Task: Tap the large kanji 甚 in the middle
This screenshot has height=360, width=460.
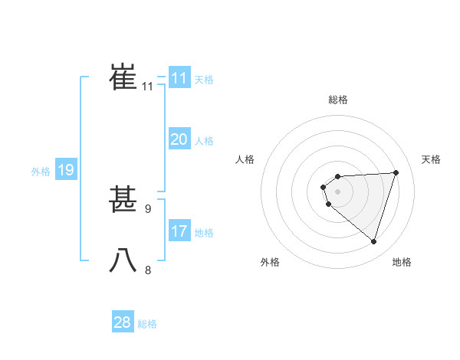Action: point(123,200)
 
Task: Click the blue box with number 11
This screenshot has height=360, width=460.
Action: point(179,78)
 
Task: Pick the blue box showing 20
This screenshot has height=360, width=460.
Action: point(179,139)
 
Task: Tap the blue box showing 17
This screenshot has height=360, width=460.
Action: point(179,231)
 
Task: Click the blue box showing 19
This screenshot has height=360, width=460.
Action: point(66,170)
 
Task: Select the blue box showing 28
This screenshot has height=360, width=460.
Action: point(123,322)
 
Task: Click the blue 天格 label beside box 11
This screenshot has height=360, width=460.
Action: point(204,80)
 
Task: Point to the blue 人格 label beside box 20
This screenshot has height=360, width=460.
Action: point(204,141)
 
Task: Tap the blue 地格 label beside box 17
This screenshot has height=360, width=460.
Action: point(204,233)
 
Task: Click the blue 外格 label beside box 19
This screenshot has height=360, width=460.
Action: point(41,172)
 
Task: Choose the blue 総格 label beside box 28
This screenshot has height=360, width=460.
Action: point(147,324)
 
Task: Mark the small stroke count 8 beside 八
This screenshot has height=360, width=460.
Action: point(148,270)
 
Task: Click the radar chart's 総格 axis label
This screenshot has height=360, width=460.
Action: point(338,100)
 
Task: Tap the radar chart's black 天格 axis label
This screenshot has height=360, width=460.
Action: point(432,159)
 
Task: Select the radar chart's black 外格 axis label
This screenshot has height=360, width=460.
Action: point(270,263)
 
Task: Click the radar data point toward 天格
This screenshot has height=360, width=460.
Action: point(396,172)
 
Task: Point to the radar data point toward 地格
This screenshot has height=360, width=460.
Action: point(373,241)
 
